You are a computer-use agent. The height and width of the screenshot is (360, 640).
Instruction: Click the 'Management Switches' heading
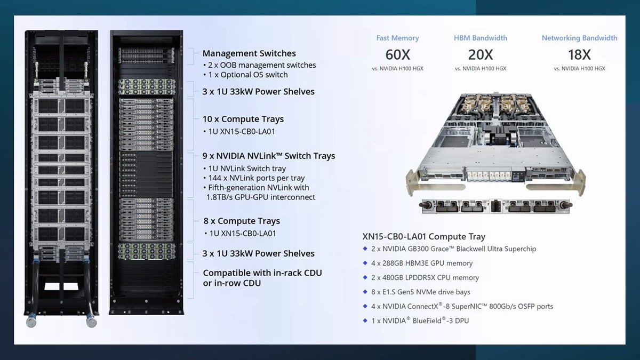click(249, 53)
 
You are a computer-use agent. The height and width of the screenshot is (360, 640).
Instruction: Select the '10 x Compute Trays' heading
click(243, 119)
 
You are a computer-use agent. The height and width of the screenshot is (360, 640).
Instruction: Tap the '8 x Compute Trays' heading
click(241, 221)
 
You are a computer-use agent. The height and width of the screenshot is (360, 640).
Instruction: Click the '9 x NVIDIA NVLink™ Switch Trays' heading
click(269, 156)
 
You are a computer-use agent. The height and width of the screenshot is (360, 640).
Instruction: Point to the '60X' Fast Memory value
click(397, 54)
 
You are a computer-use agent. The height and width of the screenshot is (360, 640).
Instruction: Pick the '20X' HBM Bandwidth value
click(481, 54)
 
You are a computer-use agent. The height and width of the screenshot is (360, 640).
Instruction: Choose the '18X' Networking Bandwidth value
click(579, 54)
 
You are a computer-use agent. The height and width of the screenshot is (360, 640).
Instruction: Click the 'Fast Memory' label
click(397, 38)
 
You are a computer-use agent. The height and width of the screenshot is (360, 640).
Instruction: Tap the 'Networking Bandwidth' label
click(579, 38)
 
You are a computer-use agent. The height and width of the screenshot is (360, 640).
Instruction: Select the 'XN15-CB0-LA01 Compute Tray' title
click(424, 236)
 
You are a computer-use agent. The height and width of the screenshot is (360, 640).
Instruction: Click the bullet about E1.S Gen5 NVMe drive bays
click(421, 292)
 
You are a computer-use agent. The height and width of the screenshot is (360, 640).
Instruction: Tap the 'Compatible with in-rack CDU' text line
click(262, 273)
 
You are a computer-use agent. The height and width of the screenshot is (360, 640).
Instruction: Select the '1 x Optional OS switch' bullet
click(247, 75)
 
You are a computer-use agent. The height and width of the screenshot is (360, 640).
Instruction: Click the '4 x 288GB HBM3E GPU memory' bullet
click(422, 263)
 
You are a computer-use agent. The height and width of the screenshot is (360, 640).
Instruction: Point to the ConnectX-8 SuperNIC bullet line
click(462, 306)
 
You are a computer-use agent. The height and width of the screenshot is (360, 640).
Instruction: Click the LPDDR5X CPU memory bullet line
click(425, 277)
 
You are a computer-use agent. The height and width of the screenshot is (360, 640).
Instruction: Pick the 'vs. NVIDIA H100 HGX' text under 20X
click(481, 69)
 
